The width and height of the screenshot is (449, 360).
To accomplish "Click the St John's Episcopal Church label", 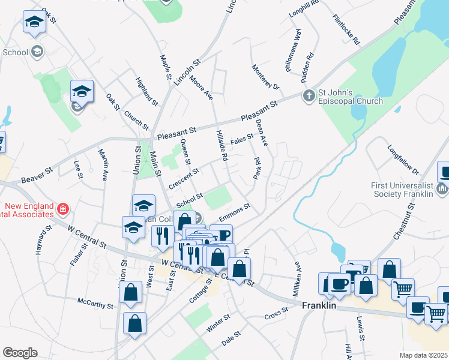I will coord(350,97).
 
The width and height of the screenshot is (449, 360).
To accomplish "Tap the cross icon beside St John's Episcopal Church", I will coord(308,96).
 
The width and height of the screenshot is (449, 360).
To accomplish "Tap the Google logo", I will coord(20,352).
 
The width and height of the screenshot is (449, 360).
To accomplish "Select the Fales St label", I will coord(243,139).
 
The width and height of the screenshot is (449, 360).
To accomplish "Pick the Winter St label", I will coord(218,323).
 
